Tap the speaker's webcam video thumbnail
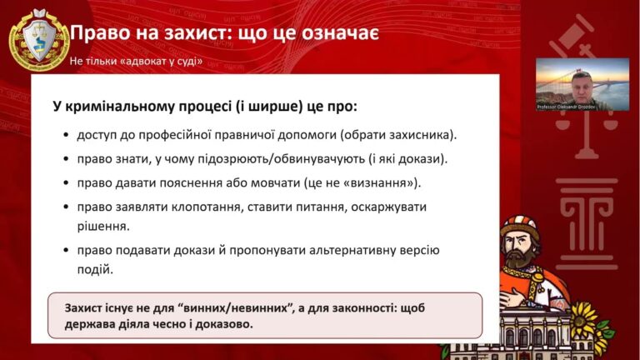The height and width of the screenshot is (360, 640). (582, 83)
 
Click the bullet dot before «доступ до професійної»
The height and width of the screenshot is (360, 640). (66, 135)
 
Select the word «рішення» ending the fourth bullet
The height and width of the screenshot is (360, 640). (102, 224)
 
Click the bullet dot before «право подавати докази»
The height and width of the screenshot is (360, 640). (66, 250)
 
